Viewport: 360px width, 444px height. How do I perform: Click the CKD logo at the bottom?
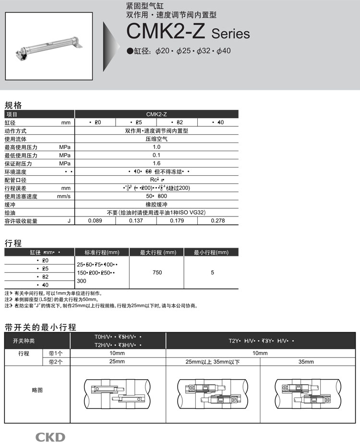(49, 437)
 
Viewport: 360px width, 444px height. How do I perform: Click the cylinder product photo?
(49, 47)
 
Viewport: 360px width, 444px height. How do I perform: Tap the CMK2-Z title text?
(166, 32)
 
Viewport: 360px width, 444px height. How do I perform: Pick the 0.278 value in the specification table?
(217, 221)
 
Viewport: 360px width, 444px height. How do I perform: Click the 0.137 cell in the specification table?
(136, 221)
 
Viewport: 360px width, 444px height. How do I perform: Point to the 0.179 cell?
(177, 221)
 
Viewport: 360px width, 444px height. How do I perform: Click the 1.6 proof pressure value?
(156, 164)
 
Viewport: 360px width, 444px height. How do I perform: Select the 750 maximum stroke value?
(157, 273)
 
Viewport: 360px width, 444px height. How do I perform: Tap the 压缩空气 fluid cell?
(156, 139)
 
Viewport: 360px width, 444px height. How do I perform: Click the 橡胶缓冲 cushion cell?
(156, 204)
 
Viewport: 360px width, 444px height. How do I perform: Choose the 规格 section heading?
(13, 105)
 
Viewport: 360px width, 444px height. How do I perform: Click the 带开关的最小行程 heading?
(40, 328)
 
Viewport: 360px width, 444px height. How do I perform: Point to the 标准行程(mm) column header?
(102, 252)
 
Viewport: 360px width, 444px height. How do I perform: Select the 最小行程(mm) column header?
(211, 252)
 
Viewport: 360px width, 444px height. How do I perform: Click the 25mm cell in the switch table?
(118, 361)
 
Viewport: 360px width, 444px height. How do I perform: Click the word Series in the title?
(230, 34)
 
